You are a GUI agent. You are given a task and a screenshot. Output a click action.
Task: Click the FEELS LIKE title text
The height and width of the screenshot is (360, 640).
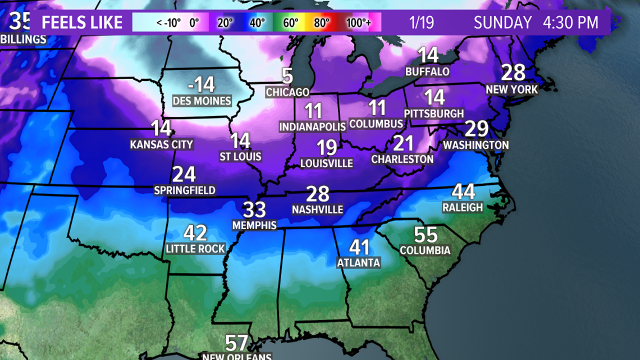(82, 23)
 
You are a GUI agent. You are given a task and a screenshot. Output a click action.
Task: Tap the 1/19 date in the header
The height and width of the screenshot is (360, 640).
(421, 23)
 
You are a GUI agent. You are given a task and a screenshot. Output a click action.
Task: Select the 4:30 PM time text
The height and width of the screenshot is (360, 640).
(570, 23)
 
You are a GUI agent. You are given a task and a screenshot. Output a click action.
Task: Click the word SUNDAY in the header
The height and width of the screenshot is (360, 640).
(502, 23)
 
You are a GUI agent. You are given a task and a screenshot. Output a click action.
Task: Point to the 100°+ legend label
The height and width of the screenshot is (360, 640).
(358, 23)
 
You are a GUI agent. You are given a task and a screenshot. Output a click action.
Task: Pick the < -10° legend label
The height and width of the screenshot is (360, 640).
(168, 23)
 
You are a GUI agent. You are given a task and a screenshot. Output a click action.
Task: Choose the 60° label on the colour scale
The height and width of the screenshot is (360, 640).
(290, 23)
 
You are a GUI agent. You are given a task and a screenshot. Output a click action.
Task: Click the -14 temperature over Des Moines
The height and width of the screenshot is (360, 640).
(202, 85)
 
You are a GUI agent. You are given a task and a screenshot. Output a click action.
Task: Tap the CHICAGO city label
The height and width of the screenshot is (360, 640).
(287, 92)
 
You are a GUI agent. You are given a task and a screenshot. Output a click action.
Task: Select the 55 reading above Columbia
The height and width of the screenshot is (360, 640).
(426, 235)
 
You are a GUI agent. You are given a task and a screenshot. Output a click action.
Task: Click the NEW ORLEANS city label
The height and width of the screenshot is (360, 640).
(236, 356)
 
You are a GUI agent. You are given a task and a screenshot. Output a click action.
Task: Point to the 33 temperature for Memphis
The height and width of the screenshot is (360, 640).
(254, 210)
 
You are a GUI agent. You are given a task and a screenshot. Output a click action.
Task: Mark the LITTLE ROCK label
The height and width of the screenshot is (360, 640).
(195, 248)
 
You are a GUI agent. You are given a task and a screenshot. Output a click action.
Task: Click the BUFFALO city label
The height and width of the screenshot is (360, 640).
(428, 71)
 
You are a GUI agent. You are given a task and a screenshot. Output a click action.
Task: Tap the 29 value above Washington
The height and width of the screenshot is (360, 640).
(476, 129)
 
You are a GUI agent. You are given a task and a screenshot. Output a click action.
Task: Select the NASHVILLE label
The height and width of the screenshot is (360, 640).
(317, 209)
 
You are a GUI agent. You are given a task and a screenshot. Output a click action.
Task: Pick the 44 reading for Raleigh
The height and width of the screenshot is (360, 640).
(463, 192)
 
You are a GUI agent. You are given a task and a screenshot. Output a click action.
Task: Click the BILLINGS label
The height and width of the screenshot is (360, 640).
(24, 40)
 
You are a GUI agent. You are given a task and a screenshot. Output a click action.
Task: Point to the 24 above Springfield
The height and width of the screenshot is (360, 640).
(184, 175)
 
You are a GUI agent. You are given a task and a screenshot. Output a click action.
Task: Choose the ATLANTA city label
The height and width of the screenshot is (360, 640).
(358, 262)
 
